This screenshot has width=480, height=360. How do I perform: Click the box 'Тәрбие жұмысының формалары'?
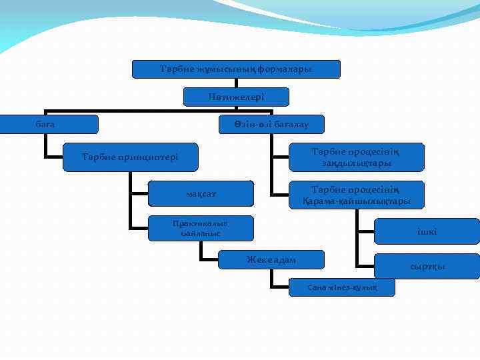(x=236, y=69)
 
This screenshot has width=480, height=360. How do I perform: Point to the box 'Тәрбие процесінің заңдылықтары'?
(x=356, y=157)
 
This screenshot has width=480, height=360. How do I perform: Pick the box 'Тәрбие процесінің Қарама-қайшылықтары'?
(x=356, y=194)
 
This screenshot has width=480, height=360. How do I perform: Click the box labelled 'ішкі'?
(x=427, y=231)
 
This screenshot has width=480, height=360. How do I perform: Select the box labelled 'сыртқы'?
(x=427, y=266)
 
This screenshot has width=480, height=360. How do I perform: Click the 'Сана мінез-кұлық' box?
(x=342, y=287)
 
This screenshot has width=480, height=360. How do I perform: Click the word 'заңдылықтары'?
(x=356, y=163)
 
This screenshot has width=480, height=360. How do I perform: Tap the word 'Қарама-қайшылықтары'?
(x=356, y=200)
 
